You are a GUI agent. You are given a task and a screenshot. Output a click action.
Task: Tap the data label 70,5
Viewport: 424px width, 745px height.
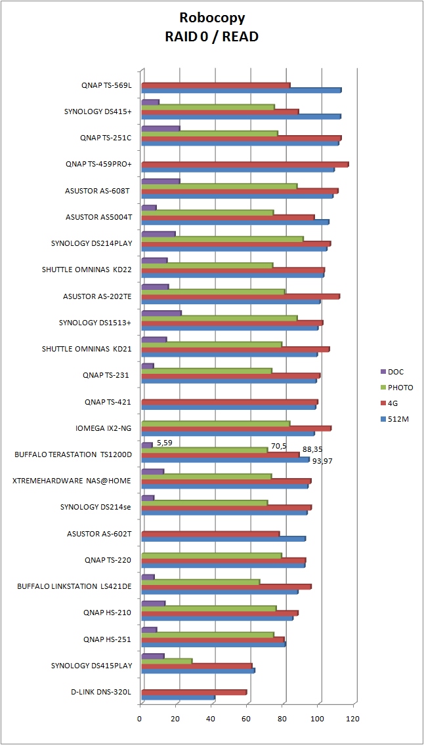279,446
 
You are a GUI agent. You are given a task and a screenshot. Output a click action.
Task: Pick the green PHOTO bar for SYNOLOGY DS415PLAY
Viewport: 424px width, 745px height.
167,660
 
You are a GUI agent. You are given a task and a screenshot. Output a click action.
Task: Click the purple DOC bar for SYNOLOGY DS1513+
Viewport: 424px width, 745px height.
161,313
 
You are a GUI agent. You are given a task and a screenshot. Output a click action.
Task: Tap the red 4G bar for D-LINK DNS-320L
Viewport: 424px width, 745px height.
194,692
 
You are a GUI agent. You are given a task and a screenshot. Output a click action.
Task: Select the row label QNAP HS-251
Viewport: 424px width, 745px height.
108,639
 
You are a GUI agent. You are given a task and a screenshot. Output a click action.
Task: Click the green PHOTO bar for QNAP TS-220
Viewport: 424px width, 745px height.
211,555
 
